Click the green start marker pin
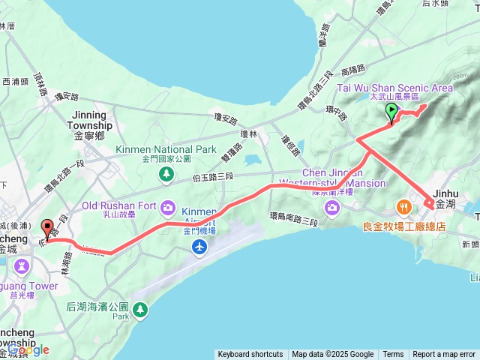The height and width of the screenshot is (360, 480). pyautogui.click(x=391, y=112)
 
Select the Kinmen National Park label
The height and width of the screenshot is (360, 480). pyautogui.click(x=166, y=149)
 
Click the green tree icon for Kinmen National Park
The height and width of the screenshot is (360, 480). pyautogui.click(x=166, y=174)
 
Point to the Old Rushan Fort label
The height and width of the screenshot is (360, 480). pyautogui.click(x=120, y=205)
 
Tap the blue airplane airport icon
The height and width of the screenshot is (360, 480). pyautogui.click(x=199, y=247)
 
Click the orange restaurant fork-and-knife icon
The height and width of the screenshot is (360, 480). pyautogui.click(x=403, y=205)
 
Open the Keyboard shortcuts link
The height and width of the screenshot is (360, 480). pyautogui.click(x=250, y=355)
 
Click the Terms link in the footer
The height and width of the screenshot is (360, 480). pyautogui.click(x=393, y=355)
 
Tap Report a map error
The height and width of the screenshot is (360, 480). pyautogui.click(x=444, y=355)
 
